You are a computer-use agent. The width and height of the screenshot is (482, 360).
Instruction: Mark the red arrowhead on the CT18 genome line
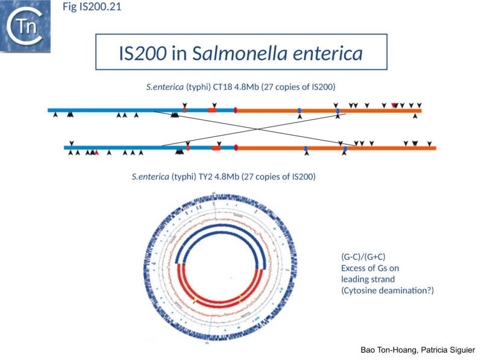coord(394,106)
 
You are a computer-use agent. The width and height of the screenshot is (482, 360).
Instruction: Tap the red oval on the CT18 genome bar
coord(235,110)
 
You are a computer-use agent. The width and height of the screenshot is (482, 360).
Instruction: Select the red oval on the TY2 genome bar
coord(236,147)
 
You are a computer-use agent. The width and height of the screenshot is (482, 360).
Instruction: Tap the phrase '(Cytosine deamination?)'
coord(387,291)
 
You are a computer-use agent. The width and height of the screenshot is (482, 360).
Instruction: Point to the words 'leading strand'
coord(368,279)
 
